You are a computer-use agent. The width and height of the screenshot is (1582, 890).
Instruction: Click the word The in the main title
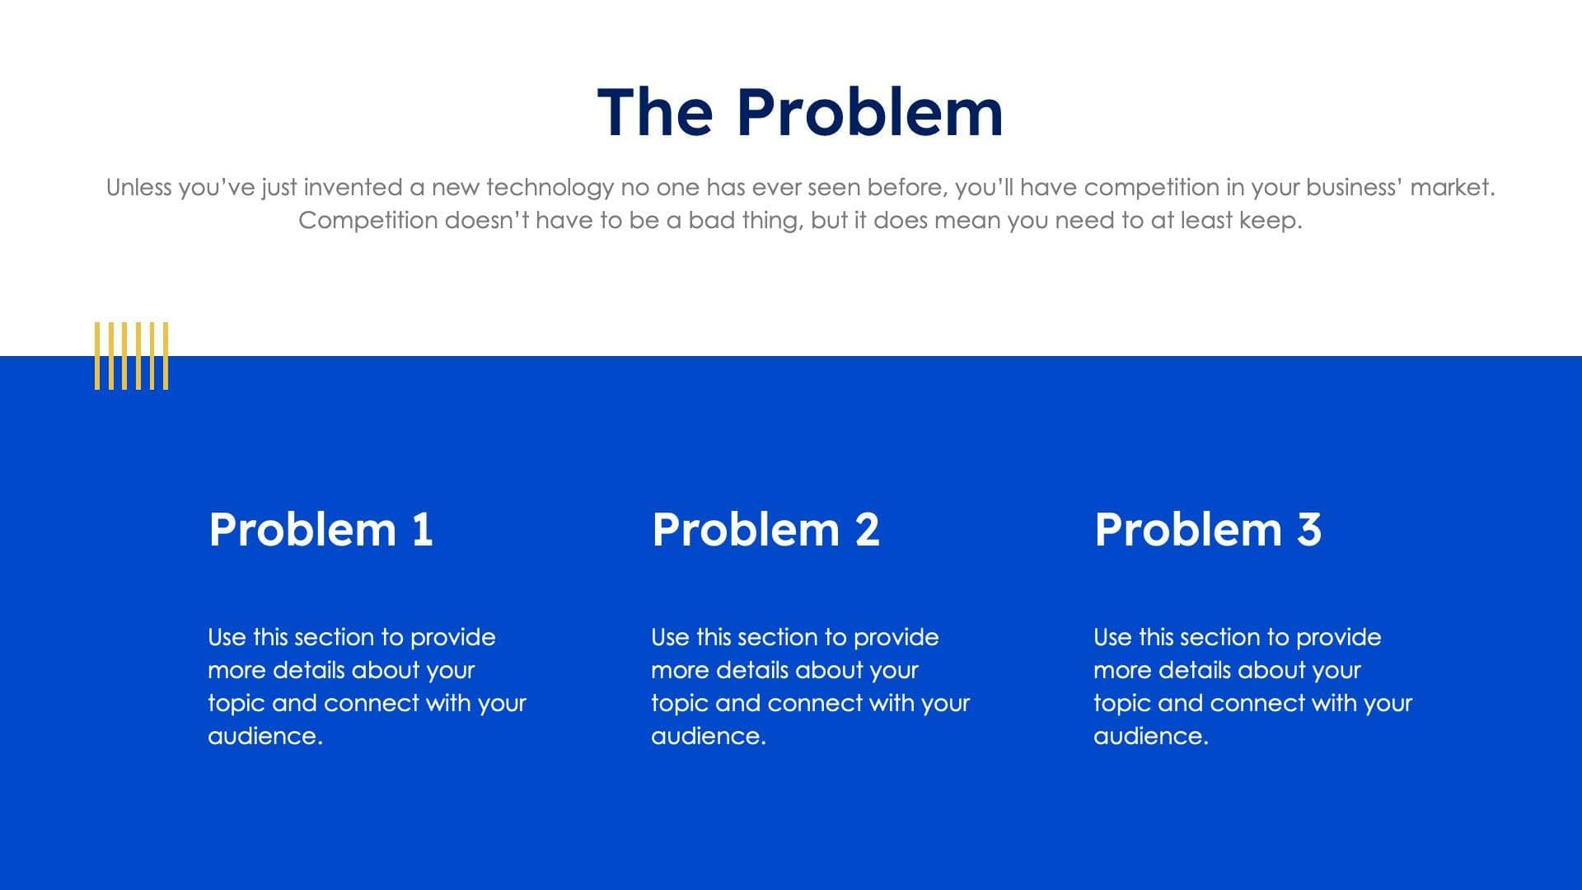click(655, 113)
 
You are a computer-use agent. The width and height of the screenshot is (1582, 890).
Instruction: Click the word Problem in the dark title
click(869, 113)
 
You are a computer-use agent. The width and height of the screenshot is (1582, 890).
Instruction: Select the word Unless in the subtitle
click(138, 188)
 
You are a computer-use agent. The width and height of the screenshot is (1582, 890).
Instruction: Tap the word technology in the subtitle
click(550, 188)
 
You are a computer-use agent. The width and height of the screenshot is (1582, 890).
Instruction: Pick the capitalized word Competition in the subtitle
click(367, 221)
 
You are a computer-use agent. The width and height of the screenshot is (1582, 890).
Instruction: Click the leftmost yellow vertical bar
click(97, 355)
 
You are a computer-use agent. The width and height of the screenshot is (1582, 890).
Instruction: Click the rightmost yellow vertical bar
click(166, 355)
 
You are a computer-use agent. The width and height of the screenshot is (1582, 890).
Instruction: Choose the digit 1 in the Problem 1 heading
click(423, 529)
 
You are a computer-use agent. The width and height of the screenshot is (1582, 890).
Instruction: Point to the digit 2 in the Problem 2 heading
click(867, 529)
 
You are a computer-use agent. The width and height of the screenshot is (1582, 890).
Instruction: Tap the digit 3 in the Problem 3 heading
click(1309, 529)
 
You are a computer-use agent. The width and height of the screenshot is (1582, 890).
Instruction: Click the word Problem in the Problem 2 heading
click(746, 529)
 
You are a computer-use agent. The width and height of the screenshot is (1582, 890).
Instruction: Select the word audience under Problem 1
click(264, 736)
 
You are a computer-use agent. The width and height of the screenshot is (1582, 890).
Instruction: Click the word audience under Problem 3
click(1149, 736)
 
